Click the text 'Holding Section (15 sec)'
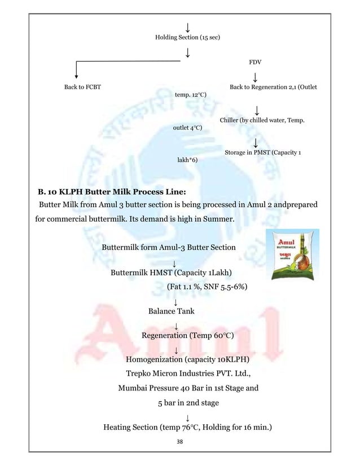coord(187,37)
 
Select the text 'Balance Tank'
coord(171,311)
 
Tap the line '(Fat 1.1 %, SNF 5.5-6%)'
coord(208,287)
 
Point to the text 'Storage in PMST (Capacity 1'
coord(262,152)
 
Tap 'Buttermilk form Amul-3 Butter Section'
coord(169,247)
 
